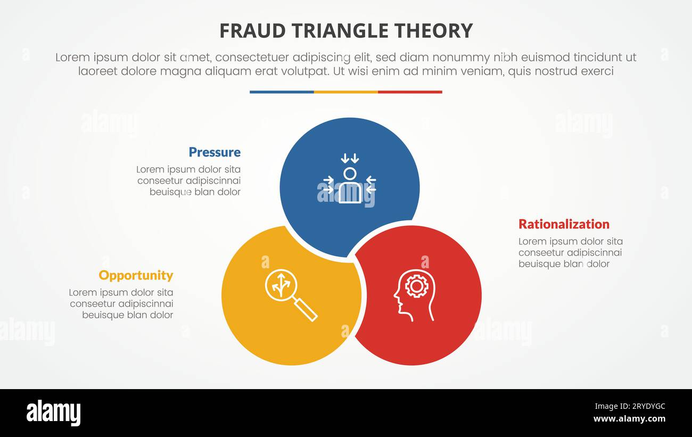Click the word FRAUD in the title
click(x=246, y=31)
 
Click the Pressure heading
click(x=215, y=152)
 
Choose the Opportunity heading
click(x=136, y=275)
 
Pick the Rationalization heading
click(x=564, y=224)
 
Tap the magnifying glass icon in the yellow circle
click(x=291, y=295)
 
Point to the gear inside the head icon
click(x=416, y=286)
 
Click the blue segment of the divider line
click(x=282, y=92)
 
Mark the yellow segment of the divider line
click(x=346, y=92)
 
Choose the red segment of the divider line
click(x=410, y=92)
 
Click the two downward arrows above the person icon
click(x=350, y=158)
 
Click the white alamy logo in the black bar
click(x=53, y=413)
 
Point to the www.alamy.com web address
click(x=629, y=419)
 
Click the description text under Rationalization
click(x=570, y=253)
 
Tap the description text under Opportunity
click(x=121, y=304)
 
